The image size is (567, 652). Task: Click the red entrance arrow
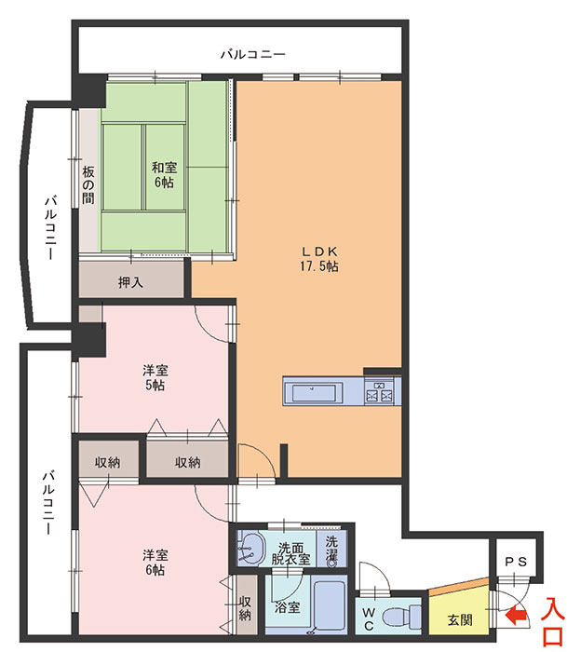517,617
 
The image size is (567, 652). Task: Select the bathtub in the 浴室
330,604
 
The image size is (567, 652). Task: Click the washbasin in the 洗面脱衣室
251,548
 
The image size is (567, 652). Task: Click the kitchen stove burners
379,393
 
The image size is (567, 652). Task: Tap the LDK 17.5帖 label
318,259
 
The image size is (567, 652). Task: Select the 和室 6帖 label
164,175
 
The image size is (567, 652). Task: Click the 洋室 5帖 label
155,377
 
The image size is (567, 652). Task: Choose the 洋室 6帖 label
155,563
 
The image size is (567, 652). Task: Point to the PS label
516,562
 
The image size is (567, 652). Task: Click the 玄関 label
460,620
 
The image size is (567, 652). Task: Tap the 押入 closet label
130,283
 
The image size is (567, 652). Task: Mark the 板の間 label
88,184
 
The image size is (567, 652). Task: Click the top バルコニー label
253,54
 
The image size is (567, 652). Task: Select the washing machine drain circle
331,563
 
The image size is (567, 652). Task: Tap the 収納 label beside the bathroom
245,608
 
